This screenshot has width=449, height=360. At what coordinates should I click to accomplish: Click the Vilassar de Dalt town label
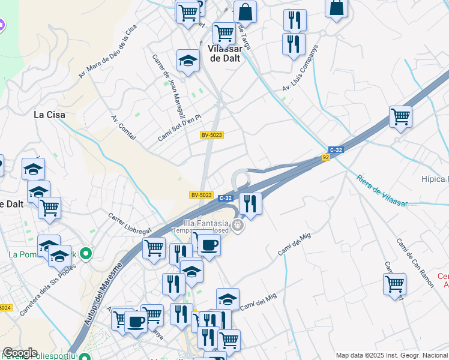(x=224, y=53)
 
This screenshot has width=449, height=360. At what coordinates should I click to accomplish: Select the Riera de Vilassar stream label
(x=382, y=191)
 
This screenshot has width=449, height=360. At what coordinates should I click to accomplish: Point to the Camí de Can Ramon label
(x=415, y=262)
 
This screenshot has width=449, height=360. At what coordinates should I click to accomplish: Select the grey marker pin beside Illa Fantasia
(x=238, y=226)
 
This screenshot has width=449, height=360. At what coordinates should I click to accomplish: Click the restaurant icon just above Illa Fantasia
(x=250, y=203)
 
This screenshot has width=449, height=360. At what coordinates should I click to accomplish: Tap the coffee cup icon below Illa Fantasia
(x=209, y=245)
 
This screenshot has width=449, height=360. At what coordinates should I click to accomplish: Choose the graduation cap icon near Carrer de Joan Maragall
(x=188, y=61)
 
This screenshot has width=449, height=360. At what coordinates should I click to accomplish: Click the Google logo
(x=19, y=353)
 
